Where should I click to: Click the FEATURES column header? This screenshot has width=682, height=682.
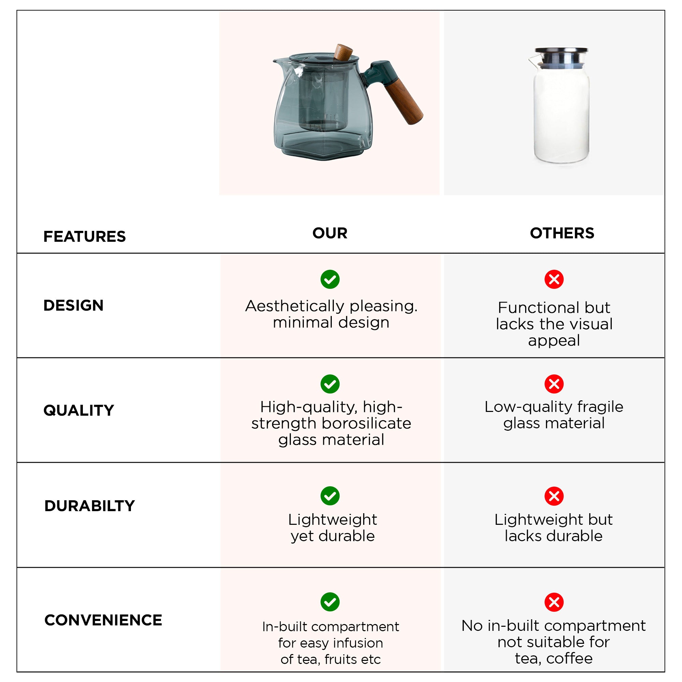tap(84, 237)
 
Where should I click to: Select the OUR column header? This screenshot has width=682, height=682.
tap(330, 233)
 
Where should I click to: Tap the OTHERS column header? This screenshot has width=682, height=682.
tap(562, 233)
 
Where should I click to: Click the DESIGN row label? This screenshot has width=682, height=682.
tap(73, 305)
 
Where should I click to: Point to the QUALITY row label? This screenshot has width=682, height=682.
tap(79, 410)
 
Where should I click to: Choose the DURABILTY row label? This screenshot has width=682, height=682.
tap(90, 506)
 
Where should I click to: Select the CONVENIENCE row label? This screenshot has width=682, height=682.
tap(103, 620)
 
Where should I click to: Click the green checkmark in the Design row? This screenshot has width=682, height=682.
tap(330, 280)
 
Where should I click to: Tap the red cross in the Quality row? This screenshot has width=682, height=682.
tap(554, 384)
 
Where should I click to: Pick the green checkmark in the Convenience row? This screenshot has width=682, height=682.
tap(330, 602)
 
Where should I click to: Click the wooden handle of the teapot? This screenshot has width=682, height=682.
tap(404, 101)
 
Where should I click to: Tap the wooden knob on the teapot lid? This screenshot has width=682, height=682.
tap(343, 52)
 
